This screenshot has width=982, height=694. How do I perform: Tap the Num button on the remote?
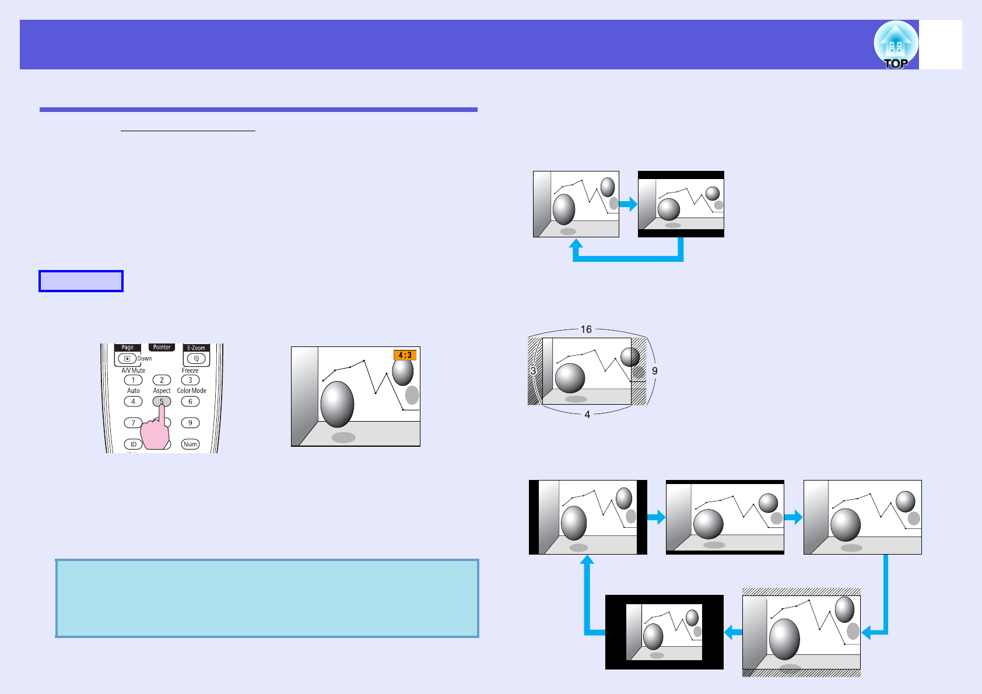pos(190,444)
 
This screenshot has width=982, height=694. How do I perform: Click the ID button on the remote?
pos(133,444)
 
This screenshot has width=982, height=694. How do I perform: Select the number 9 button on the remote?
pos(190,423)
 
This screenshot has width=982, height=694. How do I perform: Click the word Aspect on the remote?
pos(162,391)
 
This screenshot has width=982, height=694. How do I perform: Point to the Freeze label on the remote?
pos(190,370)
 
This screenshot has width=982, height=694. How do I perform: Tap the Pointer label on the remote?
pos(162,347)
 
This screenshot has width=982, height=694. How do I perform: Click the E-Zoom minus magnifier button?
pos(197,358)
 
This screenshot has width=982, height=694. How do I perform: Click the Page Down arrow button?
pos(127,358)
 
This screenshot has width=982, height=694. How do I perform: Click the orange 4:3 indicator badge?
pos(405,355)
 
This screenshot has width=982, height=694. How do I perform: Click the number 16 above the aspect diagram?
pos(586,330)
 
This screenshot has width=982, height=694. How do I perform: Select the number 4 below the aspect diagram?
pos(587,415)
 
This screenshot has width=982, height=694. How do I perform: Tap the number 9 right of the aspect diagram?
pos(655,371)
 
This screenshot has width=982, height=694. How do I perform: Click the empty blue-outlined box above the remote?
pos(81,281)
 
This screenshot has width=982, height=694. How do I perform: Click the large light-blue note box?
pos(267,598)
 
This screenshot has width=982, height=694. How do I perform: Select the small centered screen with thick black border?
pos(664,632)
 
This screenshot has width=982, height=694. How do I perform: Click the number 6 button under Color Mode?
pos(190,401)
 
